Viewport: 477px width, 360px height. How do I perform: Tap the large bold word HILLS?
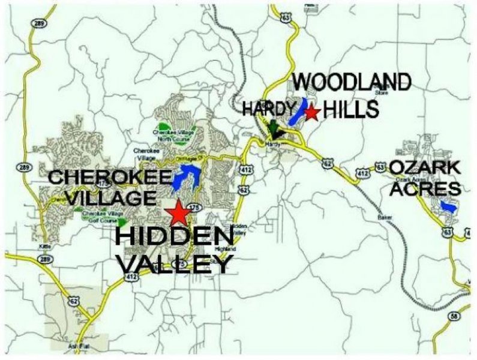[x=351, y=110]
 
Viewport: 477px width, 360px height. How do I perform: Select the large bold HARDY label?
[x=269, y=109]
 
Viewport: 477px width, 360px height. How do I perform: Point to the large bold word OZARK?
[x=425, y=167]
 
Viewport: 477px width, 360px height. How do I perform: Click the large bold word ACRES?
[x=425, y=188]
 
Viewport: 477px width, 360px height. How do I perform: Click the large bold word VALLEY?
[x=175, y=263]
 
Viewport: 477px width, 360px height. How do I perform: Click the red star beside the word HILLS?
[x=311, y=112]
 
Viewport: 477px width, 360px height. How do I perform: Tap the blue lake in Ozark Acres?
[x=448, y=206]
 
